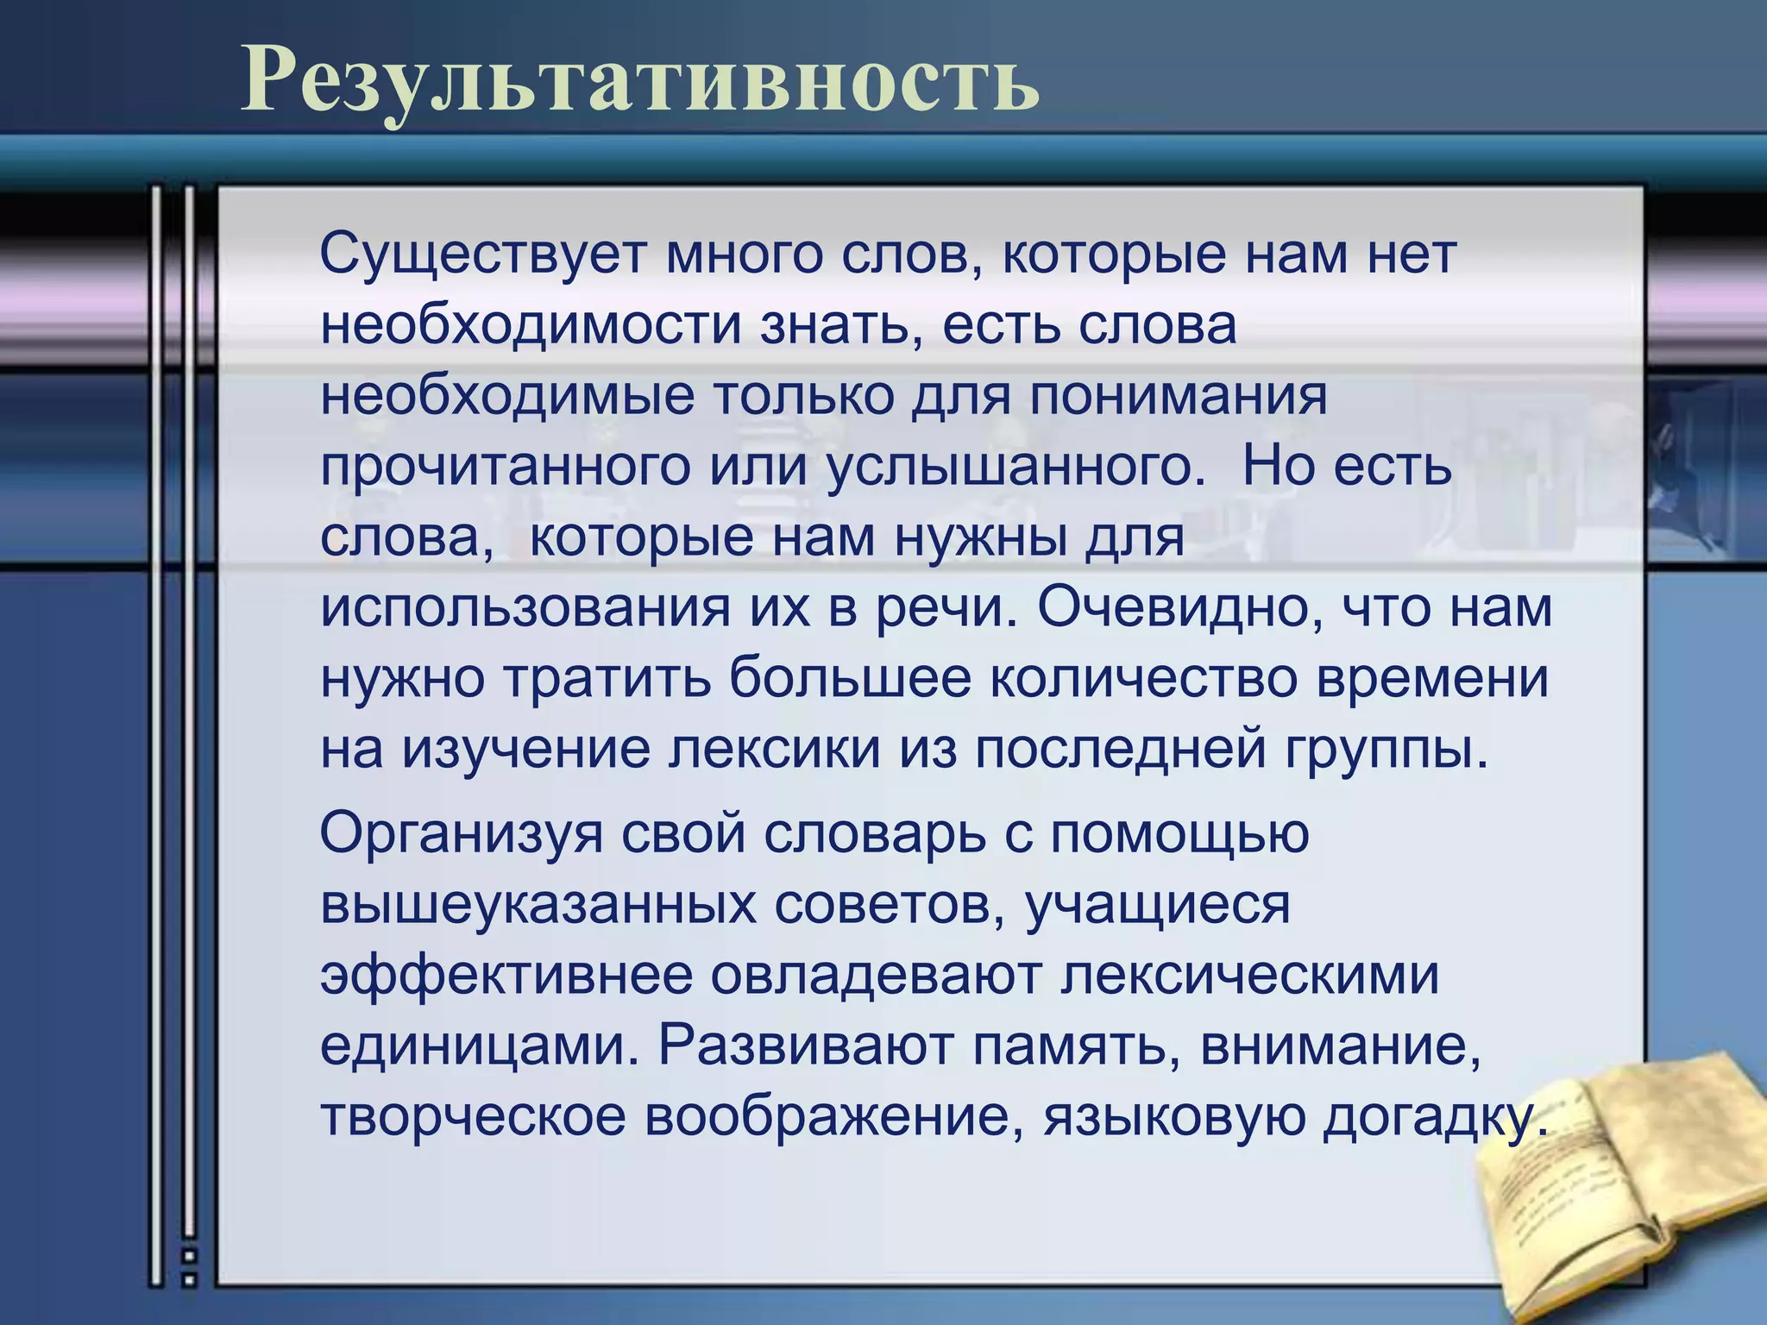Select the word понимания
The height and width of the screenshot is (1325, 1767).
(1178, 397)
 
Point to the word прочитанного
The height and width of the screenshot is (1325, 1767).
(506, 468)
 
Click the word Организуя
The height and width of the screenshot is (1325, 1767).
(461, 834)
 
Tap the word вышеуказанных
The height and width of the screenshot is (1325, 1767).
(538, 905)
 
